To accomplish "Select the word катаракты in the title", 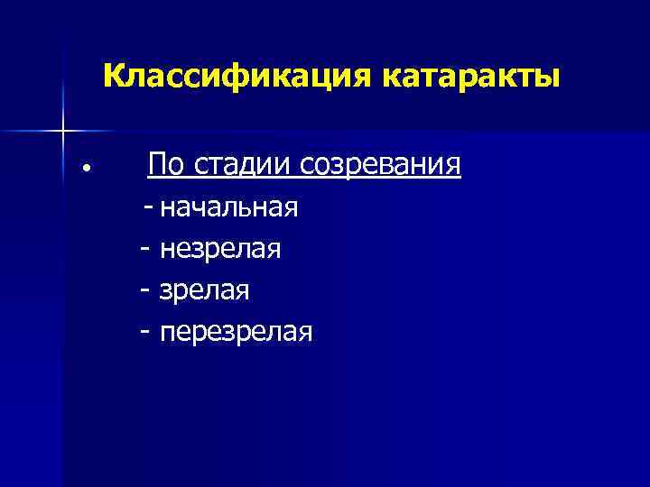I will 472,76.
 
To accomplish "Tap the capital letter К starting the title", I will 113,76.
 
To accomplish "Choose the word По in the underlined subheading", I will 167,166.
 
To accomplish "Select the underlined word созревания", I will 381,166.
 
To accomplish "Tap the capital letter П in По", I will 158,166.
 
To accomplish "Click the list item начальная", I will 228,208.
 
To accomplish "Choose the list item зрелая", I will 205,291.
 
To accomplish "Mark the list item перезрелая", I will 237,334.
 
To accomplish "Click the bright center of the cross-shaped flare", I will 62,131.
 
